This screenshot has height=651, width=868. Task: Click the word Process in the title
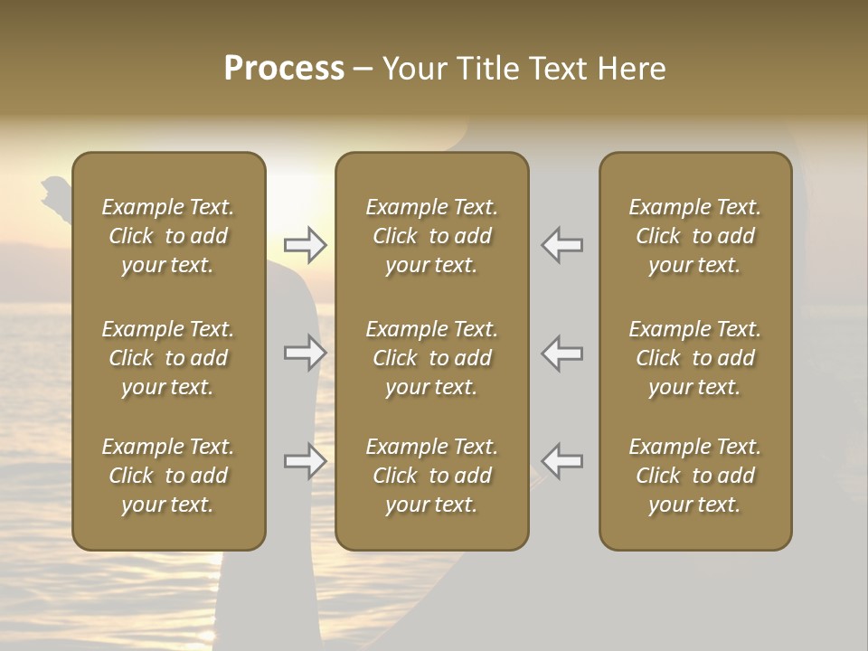[x=284, y=69]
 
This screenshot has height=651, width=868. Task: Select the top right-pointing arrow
[x=306, y=244]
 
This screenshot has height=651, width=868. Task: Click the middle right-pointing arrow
[x=306, y=353]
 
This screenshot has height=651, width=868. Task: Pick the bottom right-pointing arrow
[x=306, y=461]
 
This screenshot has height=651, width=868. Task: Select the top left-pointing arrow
[x=562, y=244]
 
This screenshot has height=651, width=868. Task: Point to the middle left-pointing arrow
[x=562, y=353]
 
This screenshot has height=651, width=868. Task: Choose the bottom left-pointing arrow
[x=562, y=461]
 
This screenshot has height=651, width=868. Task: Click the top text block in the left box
[x=168, y=236]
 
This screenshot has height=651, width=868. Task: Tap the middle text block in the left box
[x=168, y=358]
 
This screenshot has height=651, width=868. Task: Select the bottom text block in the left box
[x=168, y=476]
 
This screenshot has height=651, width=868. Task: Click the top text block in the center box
[x=431, y=236]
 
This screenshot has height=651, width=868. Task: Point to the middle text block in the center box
[x=431, y=358]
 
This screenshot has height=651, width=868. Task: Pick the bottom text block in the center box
[x=431, y=476]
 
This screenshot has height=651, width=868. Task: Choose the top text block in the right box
[x=694, y=236]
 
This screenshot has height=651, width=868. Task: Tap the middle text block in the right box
[x=694, y=358]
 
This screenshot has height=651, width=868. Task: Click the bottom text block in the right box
[x=694, y=476]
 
